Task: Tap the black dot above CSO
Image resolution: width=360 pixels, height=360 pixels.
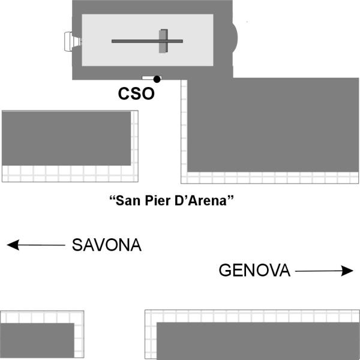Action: [x=157, y=79]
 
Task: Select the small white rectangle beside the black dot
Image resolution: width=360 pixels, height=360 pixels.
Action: [x=147, y=78]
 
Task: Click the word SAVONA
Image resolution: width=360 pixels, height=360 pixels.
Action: [x=107, y=245]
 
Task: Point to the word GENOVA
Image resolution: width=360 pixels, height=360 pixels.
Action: [x=254, y=271]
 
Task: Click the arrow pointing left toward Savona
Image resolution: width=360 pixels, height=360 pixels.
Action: [x=36, y=245]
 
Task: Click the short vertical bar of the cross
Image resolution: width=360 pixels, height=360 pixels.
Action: [x=163, y=41]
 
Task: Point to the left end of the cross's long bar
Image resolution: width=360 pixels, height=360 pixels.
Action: [x=114, y=41]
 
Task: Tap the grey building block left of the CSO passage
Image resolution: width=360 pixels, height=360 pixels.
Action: [x=66, y=138]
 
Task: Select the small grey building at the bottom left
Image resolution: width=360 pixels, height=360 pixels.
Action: [x=37, y=340]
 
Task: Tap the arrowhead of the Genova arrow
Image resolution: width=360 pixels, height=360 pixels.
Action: [x=348, y=271]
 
